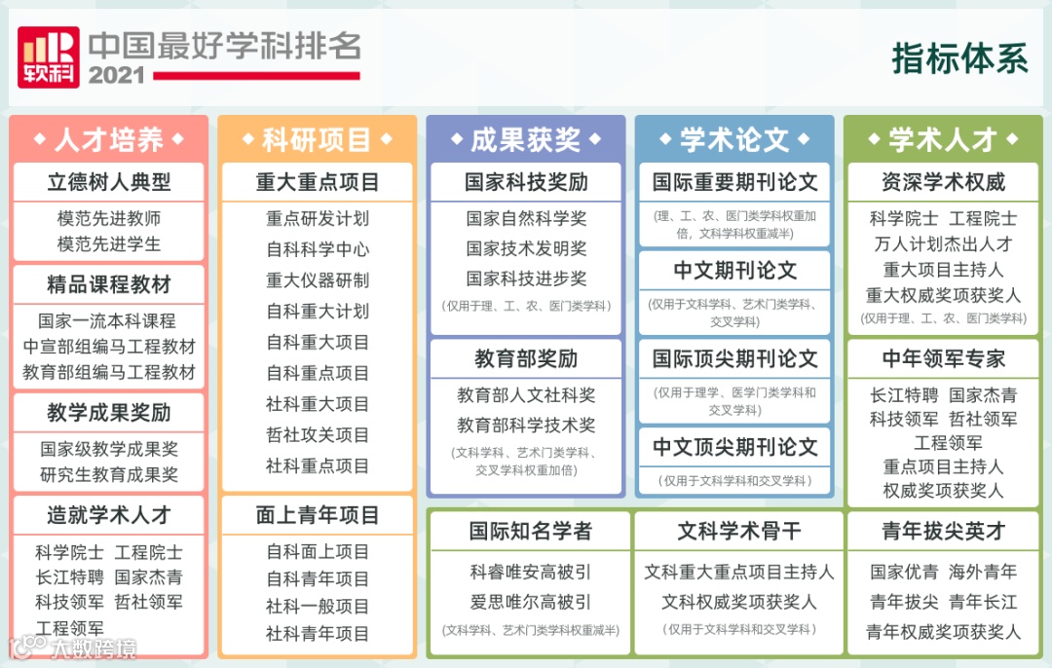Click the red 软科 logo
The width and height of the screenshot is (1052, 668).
pyautogui.click(x=47, y=57)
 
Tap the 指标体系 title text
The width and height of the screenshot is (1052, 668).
pyautogui.click(x=959, y=58)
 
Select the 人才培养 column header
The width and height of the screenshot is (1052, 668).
pyautogui.click(x=109, y=140)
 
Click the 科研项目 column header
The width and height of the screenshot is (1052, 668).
pyautogui.click(x=318, y=140)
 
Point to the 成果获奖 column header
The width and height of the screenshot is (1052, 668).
pyautogui.click(x=526, y=140)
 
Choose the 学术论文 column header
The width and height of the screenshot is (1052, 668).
pyautogui.click(x=734, y=140)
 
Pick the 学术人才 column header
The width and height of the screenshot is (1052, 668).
pyautogui.click(x=943, y=140)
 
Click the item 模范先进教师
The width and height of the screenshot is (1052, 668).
pyautogui.click(x=109, y=218)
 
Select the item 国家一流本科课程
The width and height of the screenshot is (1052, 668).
pyautogui.click(x=107, y=320)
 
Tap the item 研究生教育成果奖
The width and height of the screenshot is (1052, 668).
pyautogui.click(x=109, y=474)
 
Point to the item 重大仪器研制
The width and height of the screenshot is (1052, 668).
pyautogui.click(x=318, y=280)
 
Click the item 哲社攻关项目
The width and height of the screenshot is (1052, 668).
pyautogui.click(x=318, y=434)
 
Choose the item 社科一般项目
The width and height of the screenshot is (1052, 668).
pyautogui.click(x=318, y=606)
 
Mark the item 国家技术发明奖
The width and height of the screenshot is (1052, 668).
pyautogui.click(x=526, y=248)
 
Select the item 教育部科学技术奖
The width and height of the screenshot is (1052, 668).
pyautogui.click(x=526, y=425)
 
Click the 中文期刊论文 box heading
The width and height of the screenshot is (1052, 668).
pyautogui.click(x=734, y=271)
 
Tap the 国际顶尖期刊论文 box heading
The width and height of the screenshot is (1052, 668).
pyautogui.click(x=734, y=358)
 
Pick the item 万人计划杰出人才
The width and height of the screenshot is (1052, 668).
pyautogui.click(x=943, y=244)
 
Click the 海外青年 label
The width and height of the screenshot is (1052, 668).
pyautogui.click(x=983, y=572)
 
